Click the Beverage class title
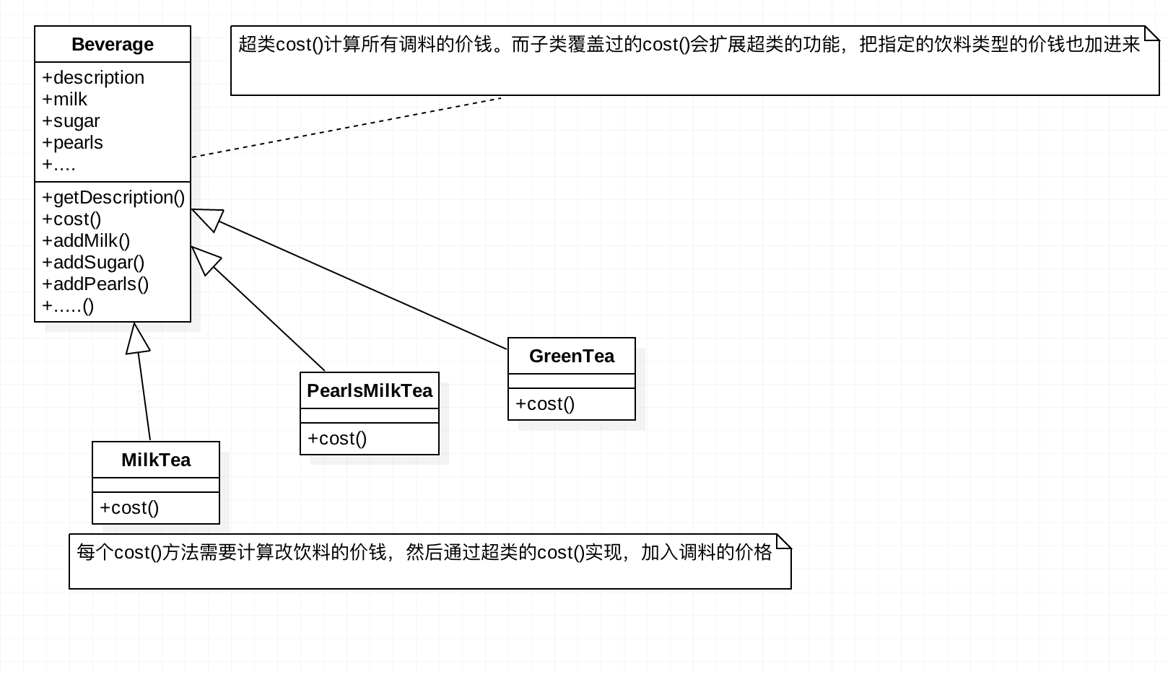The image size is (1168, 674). coord(113,44)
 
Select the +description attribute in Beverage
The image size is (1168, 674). coord(93,78)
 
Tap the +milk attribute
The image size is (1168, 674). coord(65,99)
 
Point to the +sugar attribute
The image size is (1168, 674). coord(71,121)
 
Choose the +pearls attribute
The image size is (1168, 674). coord(72,143)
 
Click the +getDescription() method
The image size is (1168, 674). coord(113,198)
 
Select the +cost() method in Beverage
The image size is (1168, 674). coord(71,219)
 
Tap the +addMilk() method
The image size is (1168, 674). coord(86,241)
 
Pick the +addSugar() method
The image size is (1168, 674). coord(93,263)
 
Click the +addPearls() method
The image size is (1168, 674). coord(95,284)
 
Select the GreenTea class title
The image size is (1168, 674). coord(572,356)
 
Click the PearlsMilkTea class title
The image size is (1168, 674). coord(370,390)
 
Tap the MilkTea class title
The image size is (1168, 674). coord(156,460)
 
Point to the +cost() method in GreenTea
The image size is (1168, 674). coord(545,404)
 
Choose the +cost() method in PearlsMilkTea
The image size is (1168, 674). coord(337,438)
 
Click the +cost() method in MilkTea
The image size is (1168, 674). coord(129,508)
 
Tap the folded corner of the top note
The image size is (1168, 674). coord(1151,33)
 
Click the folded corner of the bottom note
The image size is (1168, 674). coord(784,541)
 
